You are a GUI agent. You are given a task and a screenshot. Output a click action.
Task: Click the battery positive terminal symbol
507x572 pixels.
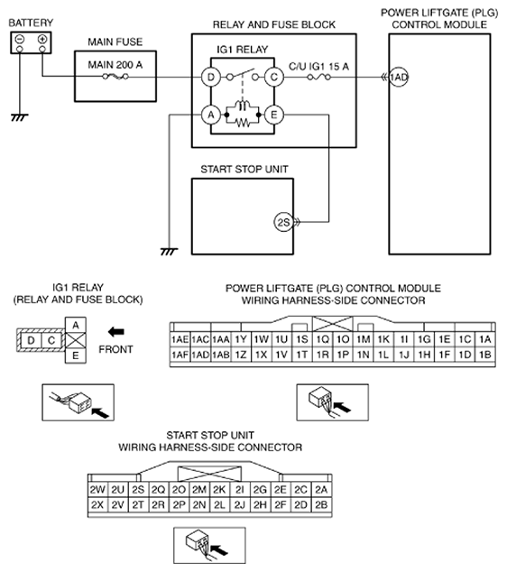point(42,39)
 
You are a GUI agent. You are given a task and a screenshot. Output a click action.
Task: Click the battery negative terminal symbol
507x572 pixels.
point(20,39)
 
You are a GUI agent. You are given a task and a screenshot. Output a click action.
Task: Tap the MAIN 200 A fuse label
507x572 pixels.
point(115,65)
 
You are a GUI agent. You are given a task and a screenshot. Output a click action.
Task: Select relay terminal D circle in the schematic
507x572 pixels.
point(211,77)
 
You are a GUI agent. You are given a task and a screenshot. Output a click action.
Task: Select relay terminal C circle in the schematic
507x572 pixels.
point(274,77)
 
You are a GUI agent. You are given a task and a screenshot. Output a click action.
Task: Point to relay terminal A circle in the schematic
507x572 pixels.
point(211,115)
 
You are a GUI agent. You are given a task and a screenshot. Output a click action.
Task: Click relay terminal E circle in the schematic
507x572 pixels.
point(274,115)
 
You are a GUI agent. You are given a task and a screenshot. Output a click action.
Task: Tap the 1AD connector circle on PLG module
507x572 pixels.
point(399,78)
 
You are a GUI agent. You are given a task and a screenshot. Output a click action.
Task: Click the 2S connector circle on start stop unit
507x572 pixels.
point(283,222)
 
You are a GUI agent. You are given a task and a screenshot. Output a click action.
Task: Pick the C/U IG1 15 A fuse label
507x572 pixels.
point(318,67)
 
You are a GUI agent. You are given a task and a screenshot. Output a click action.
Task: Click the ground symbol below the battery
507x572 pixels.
point(19,117)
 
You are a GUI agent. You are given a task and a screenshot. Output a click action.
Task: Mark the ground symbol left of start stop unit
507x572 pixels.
point(169,252)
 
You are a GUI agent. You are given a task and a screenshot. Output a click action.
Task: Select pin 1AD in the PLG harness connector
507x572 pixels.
point(200,355)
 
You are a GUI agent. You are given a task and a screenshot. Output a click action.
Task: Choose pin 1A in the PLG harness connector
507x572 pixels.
point(485,339)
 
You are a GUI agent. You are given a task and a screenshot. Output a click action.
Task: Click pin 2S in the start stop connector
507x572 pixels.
point(138,490)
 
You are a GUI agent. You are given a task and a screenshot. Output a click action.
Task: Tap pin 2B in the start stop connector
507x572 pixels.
point(321,505)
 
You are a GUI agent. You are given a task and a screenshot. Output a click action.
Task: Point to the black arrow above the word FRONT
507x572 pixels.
point(116,332)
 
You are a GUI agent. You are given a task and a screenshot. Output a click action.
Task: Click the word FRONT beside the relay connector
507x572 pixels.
point(115,349)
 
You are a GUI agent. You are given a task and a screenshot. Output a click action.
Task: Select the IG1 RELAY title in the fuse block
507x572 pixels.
point(242,50)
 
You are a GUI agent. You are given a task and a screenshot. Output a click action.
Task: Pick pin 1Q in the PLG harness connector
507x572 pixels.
point(322,339)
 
